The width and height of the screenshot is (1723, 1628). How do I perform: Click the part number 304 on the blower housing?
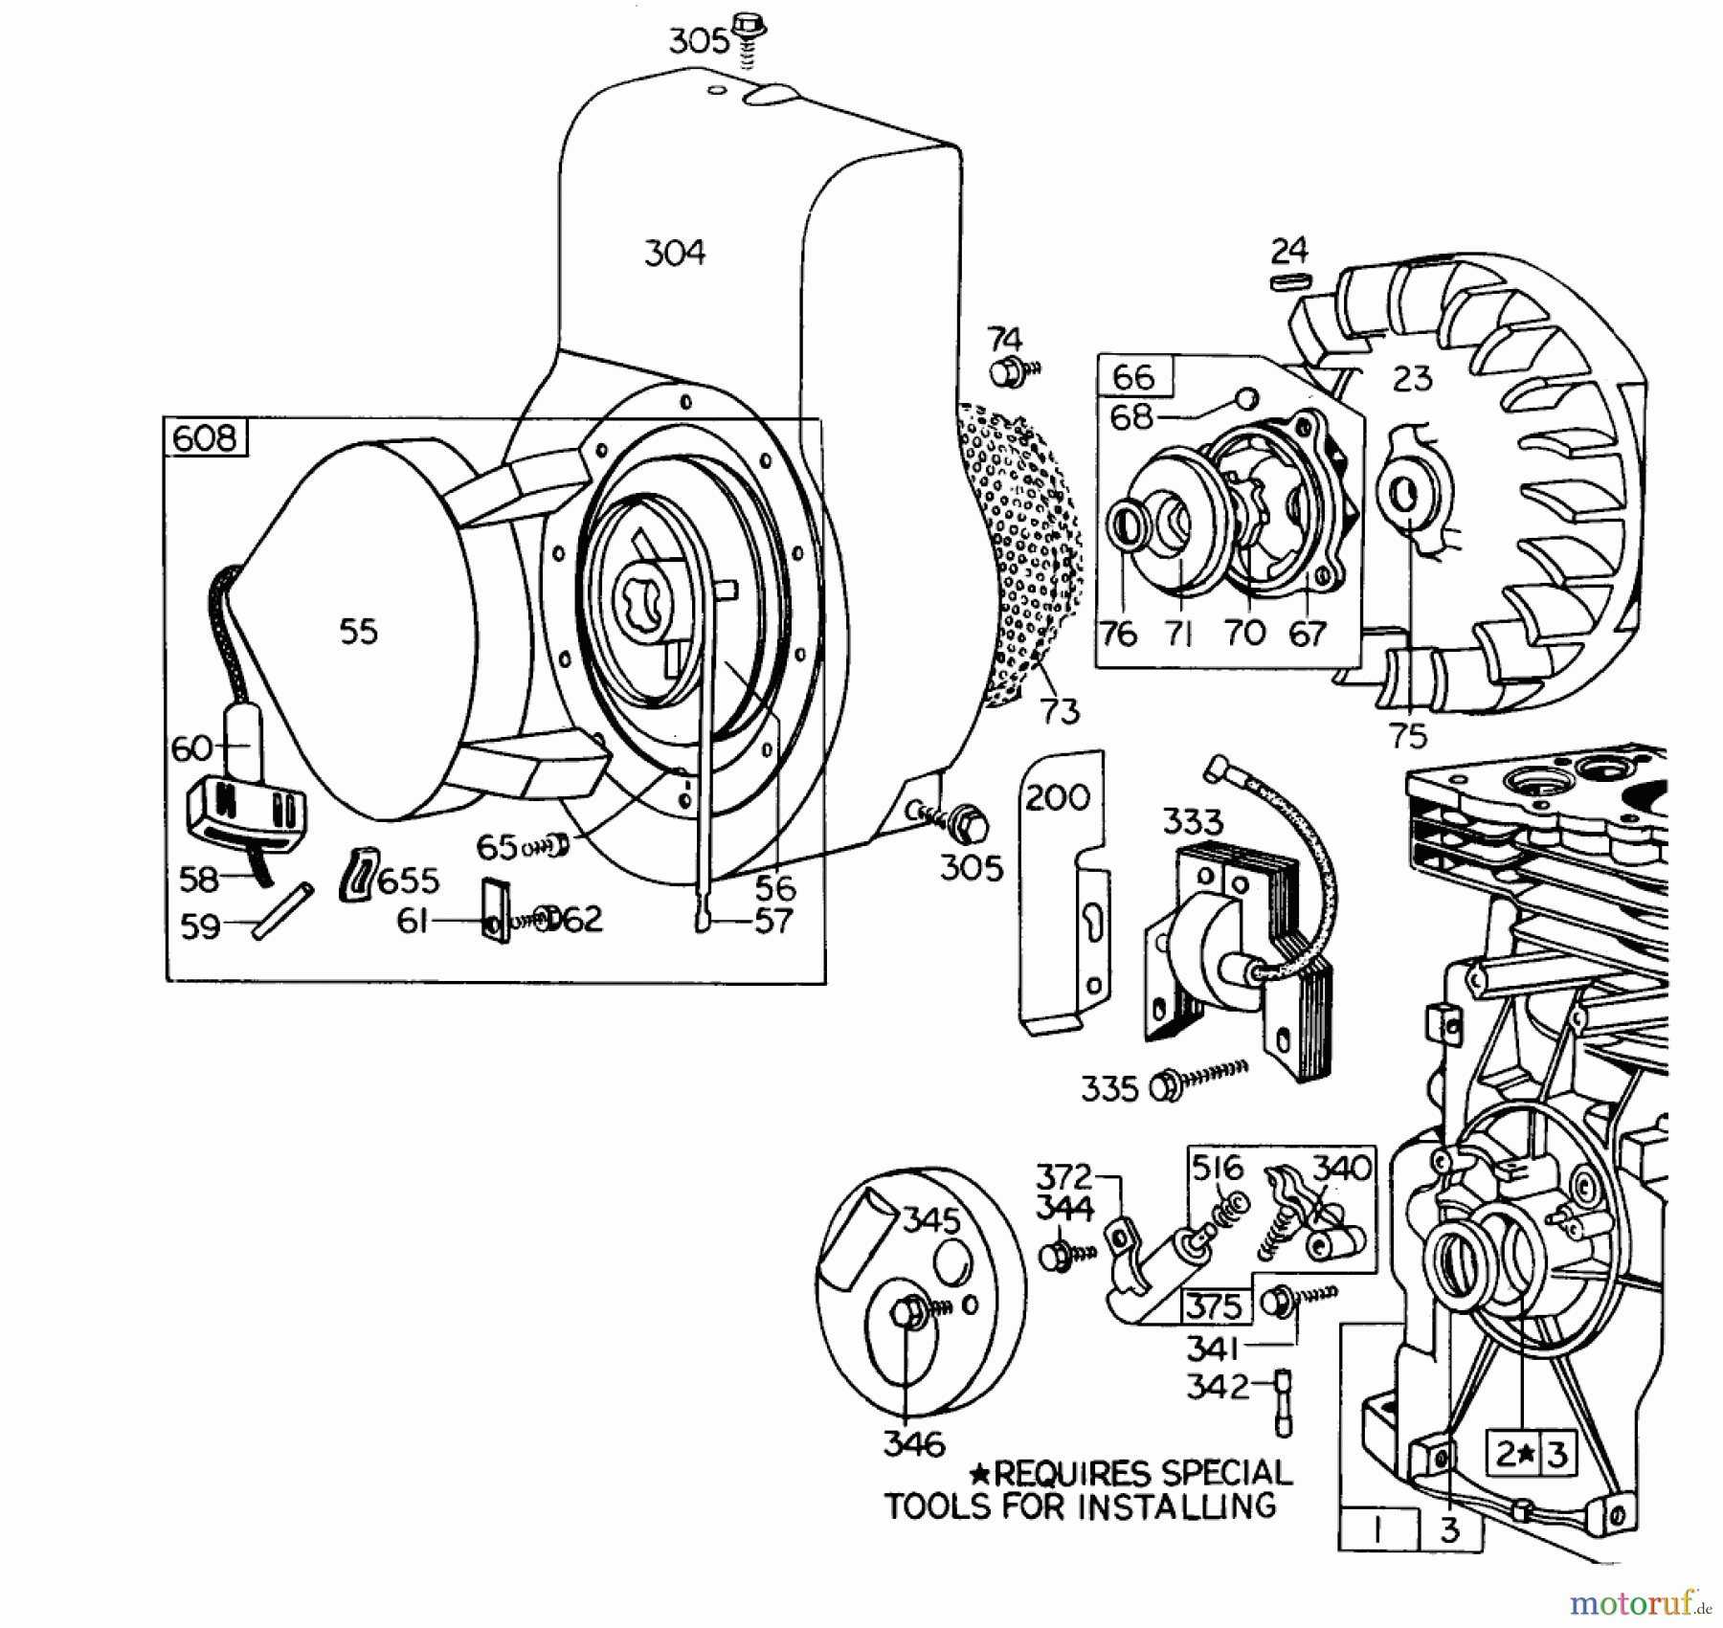tap(675, 254)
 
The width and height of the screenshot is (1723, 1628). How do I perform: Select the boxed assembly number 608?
tap(205, 438)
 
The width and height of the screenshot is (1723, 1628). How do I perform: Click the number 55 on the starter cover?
tap(359, 632)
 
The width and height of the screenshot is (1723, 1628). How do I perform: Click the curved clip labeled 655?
tap(356, 872)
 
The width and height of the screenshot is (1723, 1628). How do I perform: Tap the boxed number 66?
tap(1134, 376)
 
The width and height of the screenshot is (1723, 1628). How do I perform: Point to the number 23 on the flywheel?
tap(1412, 378)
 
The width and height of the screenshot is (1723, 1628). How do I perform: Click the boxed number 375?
tap(1214, 1306)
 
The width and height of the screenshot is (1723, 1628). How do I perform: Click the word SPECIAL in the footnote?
tap(1226, 1472)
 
